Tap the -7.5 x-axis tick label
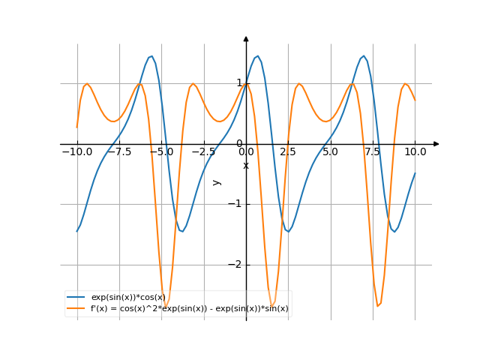pyautogui.click(x=118, y=151)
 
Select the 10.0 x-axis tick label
pyautogui.click(x=415, y=151)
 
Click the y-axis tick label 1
pyautogui.click(x=239, y=83)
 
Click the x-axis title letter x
pyautogui.click(x=246, y=165)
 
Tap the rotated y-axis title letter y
pyautogui.click(x=217, y=182)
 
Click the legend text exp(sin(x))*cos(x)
pyautogui.click(x=127, y=298)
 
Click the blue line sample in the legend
pyautogui.click(x=76, y=298)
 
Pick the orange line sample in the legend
pyautogui.click(x=76, y=308)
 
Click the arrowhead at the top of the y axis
pyautogui.click(x=246, y=37)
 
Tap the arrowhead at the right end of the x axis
pyautogui.click(x=436, y=143)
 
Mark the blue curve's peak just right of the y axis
pyautogui.click(x=257, y=55)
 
